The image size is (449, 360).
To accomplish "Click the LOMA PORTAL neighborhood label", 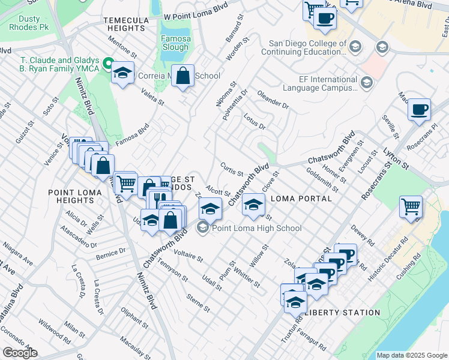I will [301, 199].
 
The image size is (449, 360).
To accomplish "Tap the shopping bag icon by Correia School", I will [183, 76].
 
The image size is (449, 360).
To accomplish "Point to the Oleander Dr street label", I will [273, 99].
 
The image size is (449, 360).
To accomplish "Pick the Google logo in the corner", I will [20, 353].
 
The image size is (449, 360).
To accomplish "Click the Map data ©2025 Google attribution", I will [412, 355].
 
